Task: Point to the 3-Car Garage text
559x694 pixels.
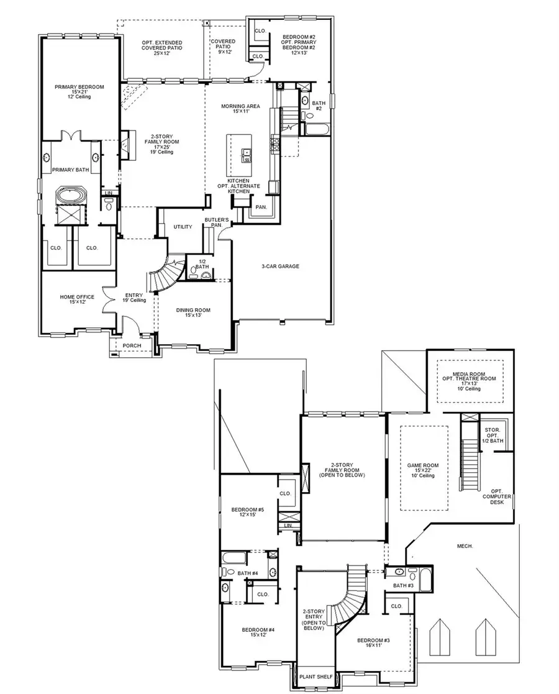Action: pyautogui.click(x=280, y=267)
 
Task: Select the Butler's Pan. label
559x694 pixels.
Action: pyautogui.click(x=217, y=223)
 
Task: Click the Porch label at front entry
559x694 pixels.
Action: pyautogui.click(x=132, y=346)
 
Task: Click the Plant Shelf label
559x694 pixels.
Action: pyautogui.click(x=316, y=677)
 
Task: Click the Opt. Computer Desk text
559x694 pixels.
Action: pyautogui.click(x=499, y=496)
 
